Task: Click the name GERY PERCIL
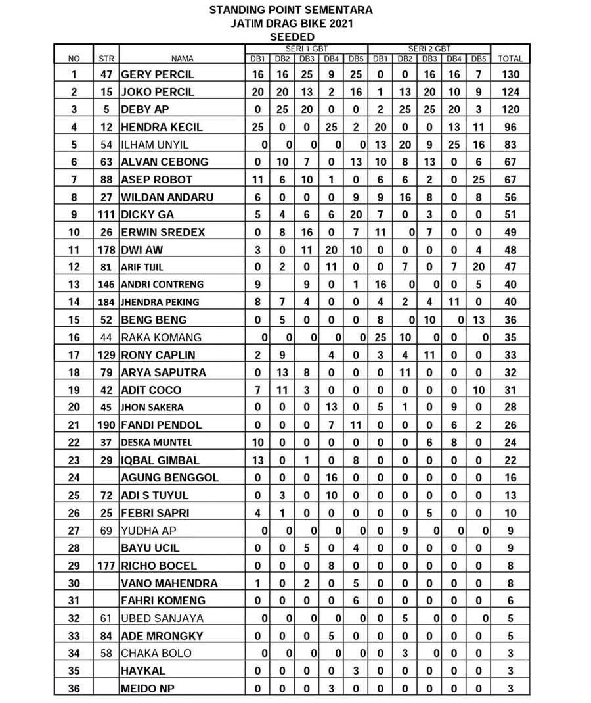[x=158, y=74]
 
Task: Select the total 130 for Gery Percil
[x=510, y=74]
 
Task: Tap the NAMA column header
[x=182, y=59]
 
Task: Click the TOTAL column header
[x=510, y=59]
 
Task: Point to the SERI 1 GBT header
[x=307, y=49]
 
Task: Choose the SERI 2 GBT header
[x=429, y=49]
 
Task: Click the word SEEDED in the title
[x=292, y=37]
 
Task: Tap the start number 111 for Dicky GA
[x=106, y=214]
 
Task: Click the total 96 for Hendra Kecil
[x=510, y=127]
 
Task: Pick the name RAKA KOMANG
[x=161, y=337]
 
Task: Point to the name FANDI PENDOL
[x=162, y=425]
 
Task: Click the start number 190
[x=106, y=425]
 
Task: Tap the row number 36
[x=74, y=688]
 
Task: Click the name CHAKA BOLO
[x=156, y=653]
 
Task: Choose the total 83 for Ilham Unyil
[x=510, y=145]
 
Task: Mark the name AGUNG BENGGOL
[x=170, y=477]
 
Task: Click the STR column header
[x=106, y=59]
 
